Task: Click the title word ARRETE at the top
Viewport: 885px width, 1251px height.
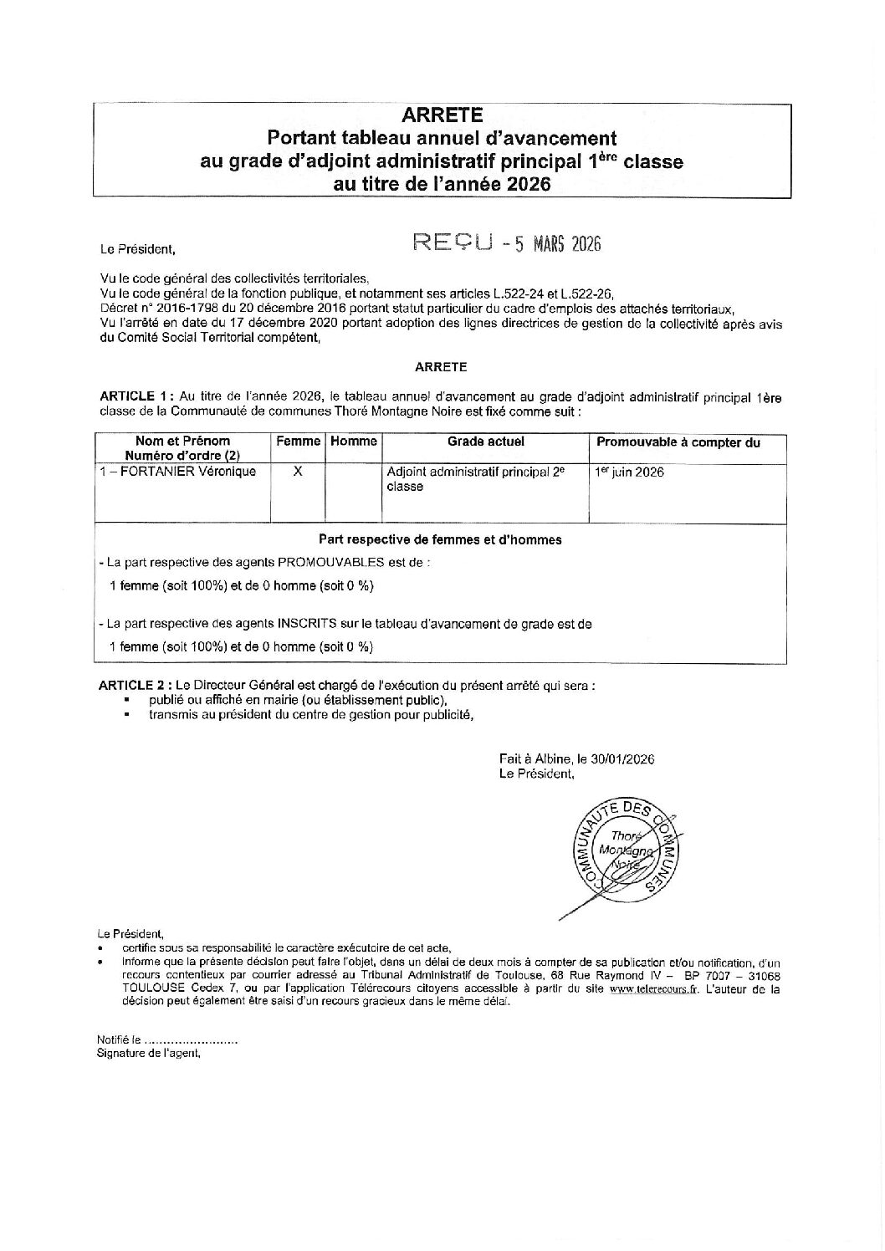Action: (x=442, y=115)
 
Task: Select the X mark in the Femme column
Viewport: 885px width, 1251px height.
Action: (x=298, y=472)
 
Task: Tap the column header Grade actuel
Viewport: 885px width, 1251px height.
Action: (x=485, y=442)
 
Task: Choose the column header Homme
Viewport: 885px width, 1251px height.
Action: (x=353, y=442)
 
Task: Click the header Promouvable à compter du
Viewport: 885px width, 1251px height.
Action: (x=678, y=442)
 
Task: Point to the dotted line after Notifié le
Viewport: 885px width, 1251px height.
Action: (x=191, y=1040)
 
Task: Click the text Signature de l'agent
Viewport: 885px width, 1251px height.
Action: (x=149, y=1054)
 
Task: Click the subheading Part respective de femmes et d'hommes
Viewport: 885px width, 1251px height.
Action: (x=440, y=540)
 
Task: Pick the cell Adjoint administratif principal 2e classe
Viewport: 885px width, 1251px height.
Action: (x=475, y=479)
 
